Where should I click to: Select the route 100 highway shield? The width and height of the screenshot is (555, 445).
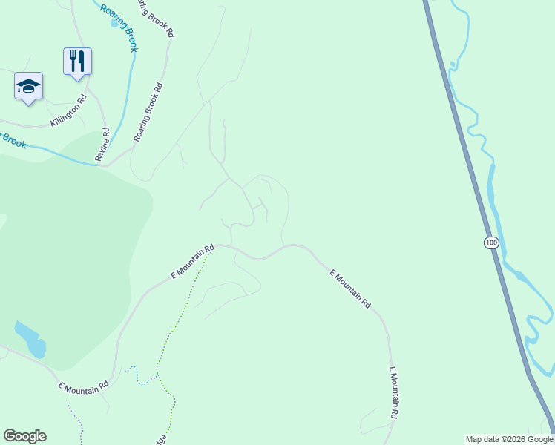tap(490, 243)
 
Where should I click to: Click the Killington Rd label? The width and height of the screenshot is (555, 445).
tap(68, 111)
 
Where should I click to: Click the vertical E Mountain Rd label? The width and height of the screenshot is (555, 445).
tap(395, 393)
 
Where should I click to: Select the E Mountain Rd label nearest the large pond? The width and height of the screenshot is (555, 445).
tap(84, 386)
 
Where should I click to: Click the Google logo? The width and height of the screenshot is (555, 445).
tap(24, 436)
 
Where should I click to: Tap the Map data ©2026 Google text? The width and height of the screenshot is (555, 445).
tap(510, 440)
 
